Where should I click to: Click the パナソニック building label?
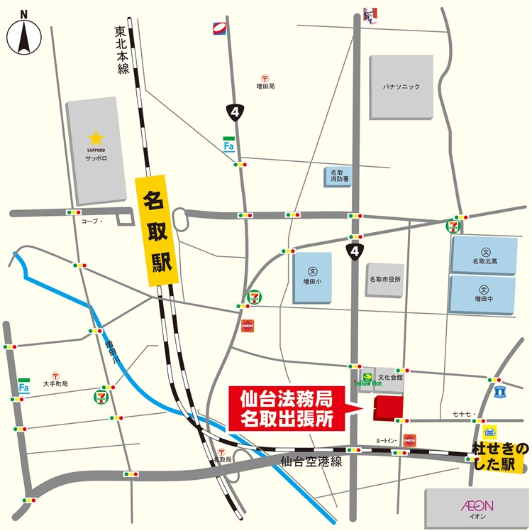pyautogui.click(x=401, y=87)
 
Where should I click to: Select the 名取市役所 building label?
pyautogui.click(x=384, y=279)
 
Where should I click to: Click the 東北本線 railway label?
pyautogui.click(x=122, y=50)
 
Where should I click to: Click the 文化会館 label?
pyautogui.click(x=390, y=378)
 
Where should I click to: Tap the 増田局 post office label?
pyautogui.click(x=265, y=86)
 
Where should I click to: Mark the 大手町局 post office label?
pyautogui.click(x=55, y=384)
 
